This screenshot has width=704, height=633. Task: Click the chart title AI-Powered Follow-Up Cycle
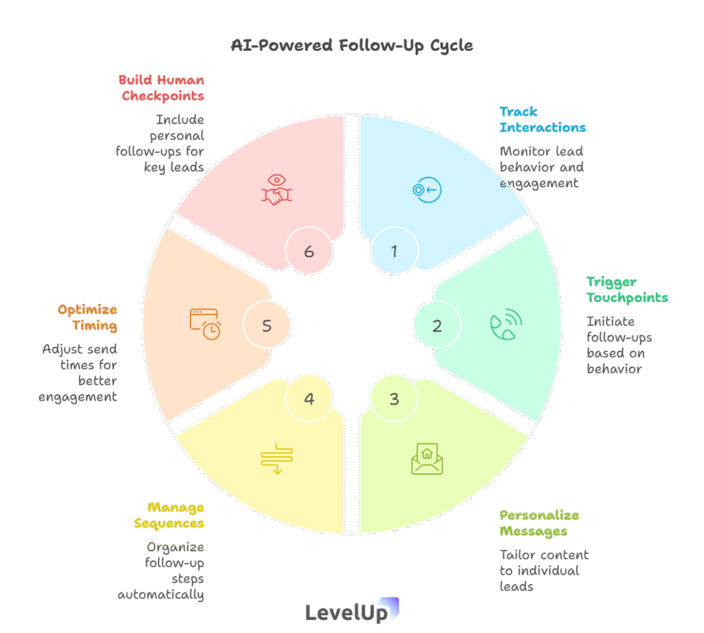[351, 46]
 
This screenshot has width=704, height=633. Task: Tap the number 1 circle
[394, 251]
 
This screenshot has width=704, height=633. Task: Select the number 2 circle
[437, 325]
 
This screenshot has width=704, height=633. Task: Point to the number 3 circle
[394, 398]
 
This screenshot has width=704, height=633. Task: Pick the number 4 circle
[309, 398]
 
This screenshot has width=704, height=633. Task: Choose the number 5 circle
[267, 325]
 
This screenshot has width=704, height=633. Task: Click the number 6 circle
[309, 251]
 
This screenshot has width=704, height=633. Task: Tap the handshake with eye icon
[278, 190]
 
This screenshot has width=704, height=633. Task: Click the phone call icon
[506, 325]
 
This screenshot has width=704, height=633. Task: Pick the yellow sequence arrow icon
[277, 459]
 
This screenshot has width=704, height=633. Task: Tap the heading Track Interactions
[542, 120]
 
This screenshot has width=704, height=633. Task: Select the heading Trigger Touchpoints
[626, 290]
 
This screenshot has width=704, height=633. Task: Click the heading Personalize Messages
[539, 523]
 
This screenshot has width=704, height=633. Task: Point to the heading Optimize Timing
[87, 317]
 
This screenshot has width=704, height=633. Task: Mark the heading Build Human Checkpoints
[162, 87]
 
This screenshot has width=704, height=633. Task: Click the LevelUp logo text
[345, 612]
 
